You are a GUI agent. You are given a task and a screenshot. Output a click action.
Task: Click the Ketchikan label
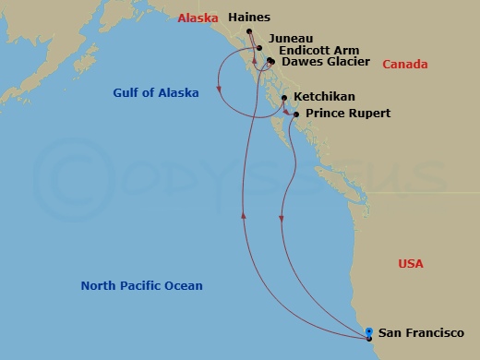click(324, 97)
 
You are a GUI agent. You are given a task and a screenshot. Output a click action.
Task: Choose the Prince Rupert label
click(348, 114)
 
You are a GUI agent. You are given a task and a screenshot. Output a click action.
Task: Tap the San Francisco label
click(422, 333)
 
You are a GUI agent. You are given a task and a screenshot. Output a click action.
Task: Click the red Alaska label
click(198, 18)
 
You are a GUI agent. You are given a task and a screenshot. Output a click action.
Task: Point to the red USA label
click(411, 264)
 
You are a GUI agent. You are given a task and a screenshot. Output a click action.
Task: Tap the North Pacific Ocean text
click(141, 286)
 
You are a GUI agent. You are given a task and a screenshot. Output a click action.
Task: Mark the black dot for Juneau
click(259, 48)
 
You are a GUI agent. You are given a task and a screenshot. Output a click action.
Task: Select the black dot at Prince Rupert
click(295, 114)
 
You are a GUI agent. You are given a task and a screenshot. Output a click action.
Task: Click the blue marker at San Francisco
click(369, 333)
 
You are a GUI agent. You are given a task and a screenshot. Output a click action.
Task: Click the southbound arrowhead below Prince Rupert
click(281, 218)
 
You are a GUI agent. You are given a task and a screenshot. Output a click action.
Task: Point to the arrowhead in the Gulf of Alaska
click(220, 90)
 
